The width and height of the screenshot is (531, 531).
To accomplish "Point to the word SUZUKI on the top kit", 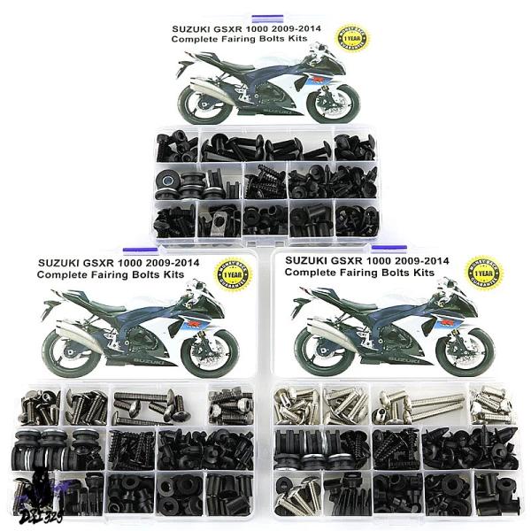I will pos(196,27).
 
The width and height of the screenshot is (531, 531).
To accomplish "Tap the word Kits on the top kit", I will pos(320,39).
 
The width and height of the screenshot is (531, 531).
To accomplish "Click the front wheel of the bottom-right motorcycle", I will pos(466,344).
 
